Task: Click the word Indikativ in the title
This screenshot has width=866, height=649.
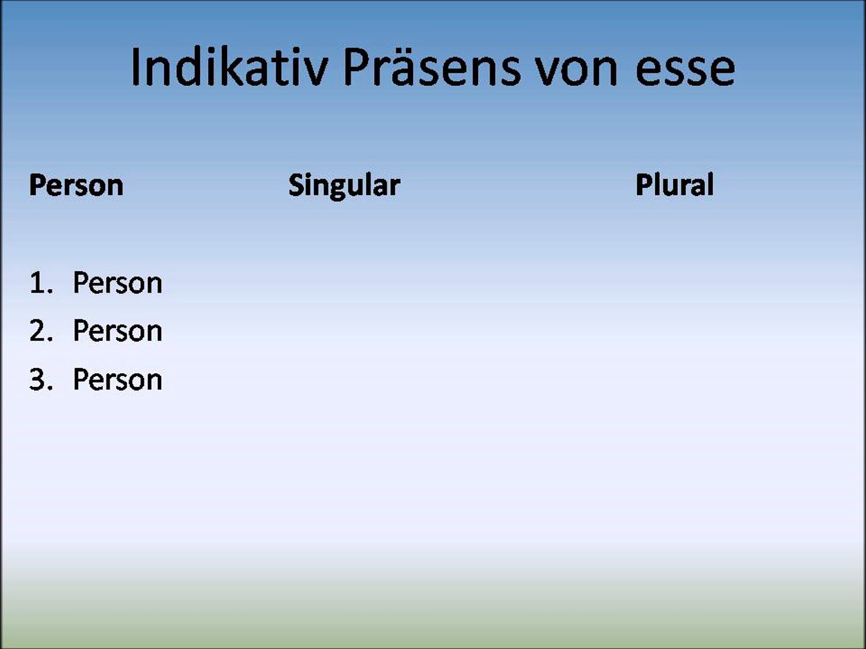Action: click(x=229, y=67)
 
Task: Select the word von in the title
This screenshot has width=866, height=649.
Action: click(x=576, y=71)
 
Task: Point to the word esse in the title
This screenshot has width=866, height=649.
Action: click(x=686, y=71)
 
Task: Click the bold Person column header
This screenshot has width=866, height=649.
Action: click(x=76, y=185)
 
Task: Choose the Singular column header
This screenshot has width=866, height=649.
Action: click(x=344, y=186)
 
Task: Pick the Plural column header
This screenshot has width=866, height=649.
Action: click(x=674, y=184)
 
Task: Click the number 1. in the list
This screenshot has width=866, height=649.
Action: click(x=41, y=282)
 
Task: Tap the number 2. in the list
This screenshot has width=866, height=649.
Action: click(x=41, y=331)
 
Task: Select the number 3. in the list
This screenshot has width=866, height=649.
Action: click(x=41, y=379)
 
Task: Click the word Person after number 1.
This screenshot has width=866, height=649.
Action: click(x=117, y=282)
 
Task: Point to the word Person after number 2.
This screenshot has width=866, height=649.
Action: click(x=117, y=331)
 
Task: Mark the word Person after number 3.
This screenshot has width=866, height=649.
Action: click(x=117, y=379)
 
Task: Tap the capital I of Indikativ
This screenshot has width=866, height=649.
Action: click(x=135, y=67)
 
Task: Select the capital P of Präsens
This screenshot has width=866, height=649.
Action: click(x=357, y=67)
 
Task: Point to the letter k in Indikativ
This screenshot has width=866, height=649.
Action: click(x=231, y=66)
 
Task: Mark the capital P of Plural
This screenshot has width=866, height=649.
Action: click(x=644, y=185)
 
